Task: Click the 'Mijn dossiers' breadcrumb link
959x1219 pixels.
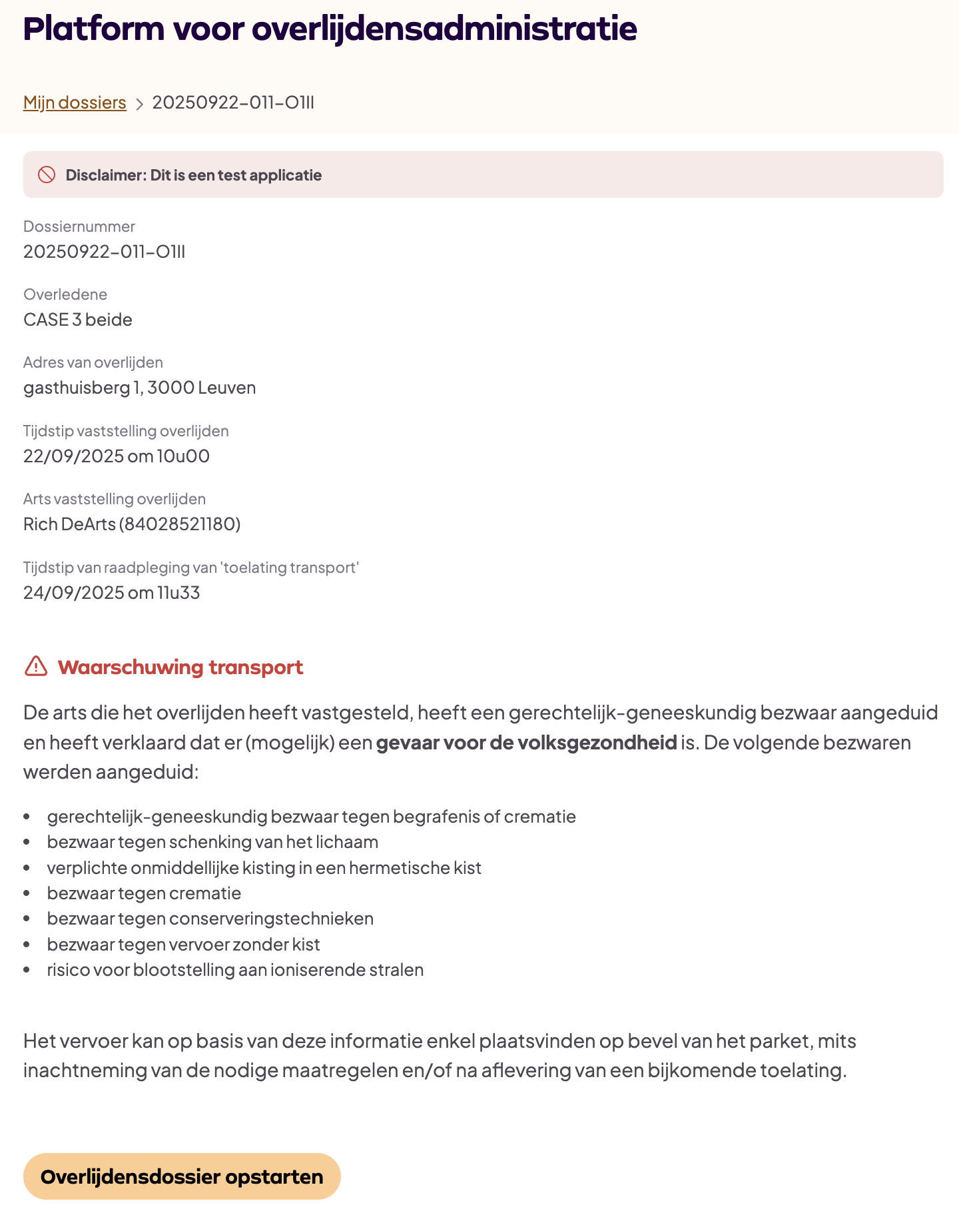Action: pyautogui.click(x=75, y=103)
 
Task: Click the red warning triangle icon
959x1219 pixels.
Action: pyautogui.click(x=36, y=666)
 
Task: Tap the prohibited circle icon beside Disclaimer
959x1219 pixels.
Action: pyautogui.click(x=47, y=175)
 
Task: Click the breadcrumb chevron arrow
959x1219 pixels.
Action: pyautogui.click(x=139, y=104)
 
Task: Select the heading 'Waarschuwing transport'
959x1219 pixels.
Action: pyautogui.click(x=180, y=667)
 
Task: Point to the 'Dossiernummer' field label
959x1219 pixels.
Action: pyautogui.click(x=79, y=226)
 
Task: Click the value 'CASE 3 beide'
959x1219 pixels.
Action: pyautogui.click(x=78, y=320)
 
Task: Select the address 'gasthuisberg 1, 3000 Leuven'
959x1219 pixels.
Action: pyautogui.click(x=139, y=388)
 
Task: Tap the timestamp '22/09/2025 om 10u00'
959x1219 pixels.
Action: pyautogui.click(x=117, y=456)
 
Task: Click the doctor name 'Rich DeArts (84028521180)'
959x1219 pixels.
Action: pyautogui.click(x=132, y=524)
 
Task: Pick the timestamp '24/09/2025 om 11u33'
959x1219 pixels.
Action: pyautogui.click(x=111, y=593)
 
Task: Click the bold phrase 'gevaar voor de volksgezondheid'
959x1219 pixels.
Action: pyautogui.click(x=526, y=742)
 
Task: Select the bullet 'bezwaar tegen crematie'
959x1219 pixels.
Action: pyautogui.click(x=144, y=893)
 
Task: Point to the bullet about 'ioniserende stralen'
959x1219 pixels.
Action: pyautogui.click(x=235, y=970)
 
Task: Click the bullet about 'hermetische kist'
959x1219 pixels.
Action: pyautogui.click(x=264, y=868)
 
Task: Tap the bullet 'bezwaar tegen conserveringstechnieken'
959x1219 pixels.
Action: pyautogui.click(x=210, y=919)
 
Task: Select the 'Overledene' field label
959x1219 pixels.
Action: pyautogui.click(x=65, y=294)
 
